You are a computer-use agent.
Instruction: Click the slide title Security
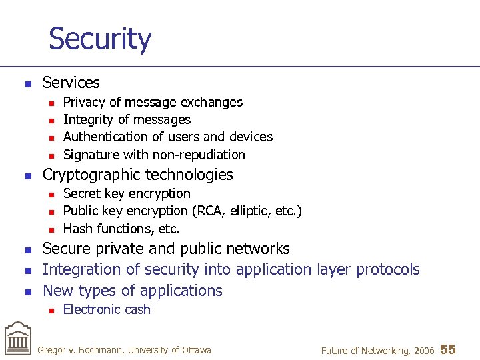(x=100, y=39)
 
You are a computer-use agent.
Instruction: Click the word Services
(x=71, y=83)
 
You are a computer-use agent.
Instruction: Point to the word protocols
(x=388, y=269)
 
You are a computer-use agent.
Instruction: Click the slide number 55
(x=448, y=349)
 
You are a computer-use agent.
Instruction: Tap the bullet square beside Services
(x=27, y=84)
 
